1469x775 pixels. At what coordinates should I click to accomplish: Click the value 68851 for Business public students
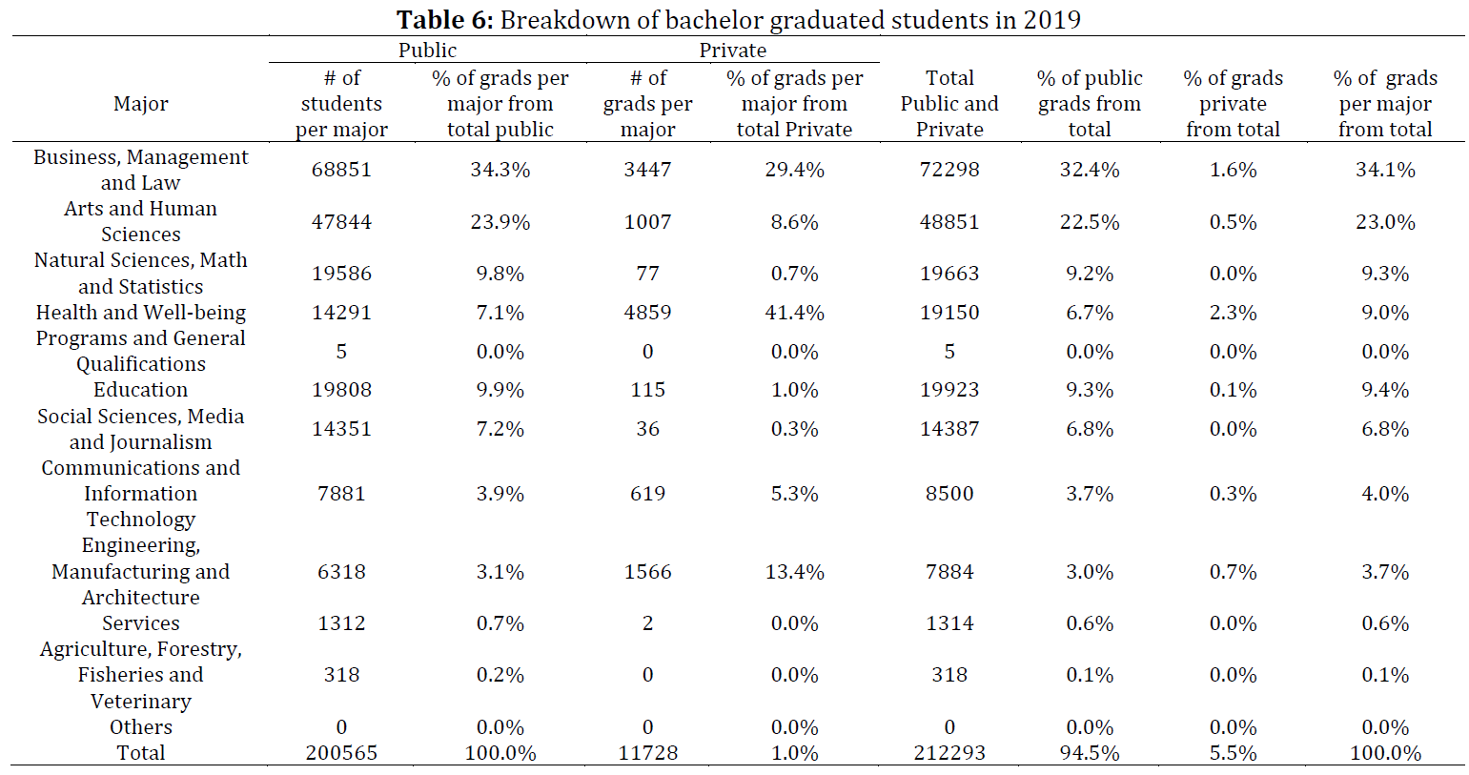341,170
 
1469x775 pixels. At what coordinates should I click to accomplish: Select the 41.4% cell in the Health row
794,312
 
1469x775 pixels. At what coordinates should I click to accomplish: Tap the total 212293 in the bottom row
949,753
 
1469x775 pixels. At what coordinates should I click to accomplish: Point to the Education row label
140,390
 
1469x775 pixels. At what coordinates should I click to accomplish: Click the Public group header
427,51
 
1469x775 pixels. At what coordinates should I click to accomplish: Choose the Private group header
732,51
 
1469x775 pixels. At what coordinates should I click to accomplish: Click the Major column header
140,104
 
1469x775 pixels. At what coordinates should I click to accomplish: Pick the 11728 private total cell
648,753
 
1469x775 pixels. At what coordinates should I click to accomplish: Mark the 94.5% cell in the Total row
1090,753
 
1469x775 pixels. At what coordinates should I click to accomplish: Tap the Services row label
140,622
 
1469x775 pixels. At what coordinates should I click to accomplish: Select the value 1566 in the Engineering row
648,572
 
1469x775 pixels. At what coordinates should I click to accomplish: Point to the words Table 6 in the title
444,20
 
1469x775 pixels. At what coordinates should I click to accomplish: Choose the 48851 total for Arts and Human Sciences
949,221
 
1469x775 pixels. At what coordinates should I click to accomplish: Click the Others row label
140,727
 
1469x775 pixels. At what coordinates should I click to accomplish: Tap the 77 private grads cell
648,274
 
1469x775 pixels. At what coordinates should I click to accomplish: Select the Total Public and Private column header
949,104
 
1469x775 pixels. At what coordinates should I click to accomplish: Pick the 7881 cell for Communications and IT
341,494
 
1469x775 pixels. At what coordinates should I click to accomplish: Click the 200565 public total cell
341,753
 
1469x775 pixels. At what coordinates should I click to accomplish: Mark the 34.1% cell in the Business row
1385,170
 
